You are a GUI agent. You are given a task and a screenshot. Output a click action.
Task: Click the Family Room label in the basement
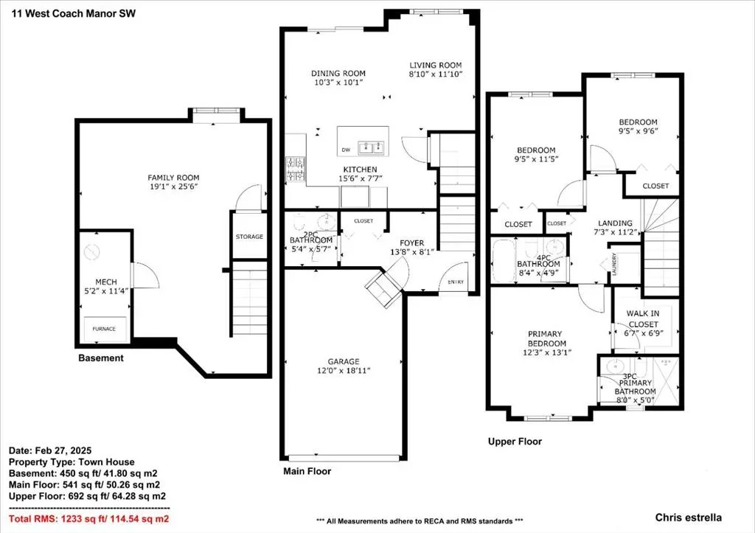(173, 178)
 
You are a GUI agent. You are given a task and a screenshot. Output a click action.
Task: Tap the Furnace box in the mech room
(105, 329)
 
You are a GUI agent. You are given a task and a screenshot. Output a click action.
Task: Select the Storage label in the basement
(249, 237)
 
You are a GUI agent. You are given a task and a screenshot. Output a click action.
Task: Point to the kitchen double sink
(371, 147)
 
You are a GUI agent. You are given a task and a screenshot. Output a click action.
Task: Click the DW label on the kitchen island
(346, 150)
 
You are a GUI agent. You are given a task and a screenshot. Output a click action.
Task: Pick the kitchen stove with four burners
(295, 170)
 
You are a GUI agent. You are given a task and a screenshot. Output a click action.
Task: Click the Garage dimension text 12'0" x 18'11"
(344, 371)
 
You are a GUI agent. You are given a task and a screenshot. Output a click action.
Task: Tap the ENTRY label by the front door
(456, 282)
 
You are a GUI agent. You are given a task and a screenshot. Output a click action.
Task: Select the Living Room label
(436, 65)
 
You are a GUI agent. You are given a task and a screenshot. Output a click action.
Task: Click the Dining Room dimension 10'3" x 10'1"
(338, 83)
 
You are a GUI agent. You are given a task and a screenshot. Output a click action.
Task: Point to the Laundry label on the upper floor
(614, 264)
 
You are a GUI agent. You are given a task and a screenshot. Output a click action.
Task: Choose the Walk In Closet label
(643, 318)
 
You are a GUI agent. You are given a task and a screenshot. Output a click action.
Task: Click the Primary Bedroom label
(546, 338)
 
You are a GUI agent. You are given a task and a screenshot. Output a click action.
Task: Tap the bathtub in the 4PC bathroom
(504, 261)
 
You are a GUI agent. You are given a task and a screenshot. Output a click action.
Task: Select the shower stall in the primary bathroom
(666, 380)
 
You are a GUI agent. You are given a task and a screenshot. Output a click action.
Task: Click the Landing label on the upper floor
(615, 223)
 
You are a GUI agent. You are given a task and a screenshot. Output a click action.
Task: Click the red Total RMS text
(89, 518)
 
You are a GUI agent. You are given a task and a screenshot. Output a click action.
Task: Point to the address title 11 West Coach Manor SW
(74, 13)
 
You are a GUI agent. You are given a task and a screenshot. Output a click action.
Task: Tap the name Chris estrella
(688, 518)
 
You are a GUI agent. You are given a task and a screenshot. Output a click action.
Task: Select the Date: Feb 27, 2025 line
(50, 450)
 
